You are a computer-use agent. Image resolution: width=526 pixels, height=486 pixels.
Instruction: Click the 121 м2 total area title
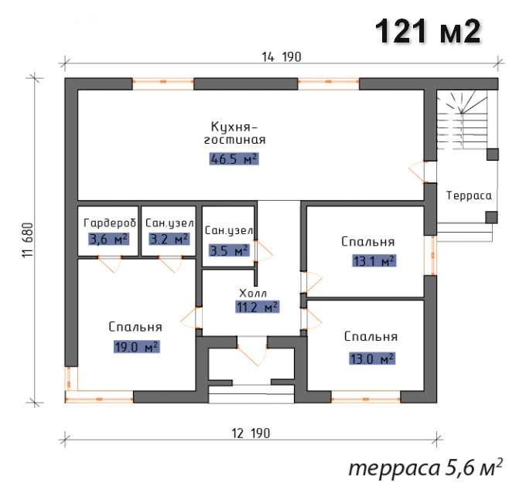(x=428, y=31)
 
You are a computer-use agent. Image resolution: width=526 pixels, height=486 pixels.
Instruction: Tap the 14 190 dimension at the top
(x=282, y=57)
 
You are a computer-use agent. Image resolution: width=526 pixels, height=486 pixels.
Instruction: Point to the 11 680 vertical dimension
(x=29, y=240)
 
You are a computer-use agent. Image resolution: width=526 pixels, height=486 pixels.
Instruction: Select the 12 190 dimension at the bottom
(x=251, y=433)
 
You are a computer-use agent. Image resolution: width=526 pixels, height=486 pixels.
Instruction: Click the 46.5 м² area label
(x=234, y=159)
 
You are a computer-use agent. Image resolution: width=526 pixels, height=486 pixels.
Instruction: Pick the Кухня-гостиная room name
(x=234, y=133)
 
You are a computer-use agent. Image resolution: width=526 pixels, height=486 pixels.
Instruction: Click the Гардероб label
(x=110, y=223)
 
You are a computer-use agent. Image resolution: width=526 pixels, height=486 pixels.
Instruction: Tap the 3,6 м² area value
(x=109, y=240)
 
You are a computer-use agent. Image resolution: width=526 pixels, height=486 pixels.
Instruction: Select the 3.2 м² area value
(x=169, y=239)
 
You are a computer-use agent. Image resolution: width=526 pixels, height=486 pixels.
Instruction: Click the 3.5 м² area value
(x=230, y=250)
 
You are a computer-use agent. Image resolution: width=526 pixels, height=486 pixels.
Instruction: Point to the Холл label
(x=253, y=294)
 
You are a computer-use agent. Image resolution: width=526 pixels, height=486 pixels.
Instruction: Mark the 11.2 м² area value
(x=258, y=307)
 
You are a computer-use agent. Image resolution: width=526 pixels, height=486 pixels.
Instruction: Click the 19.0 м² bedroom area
(x=137, y=347)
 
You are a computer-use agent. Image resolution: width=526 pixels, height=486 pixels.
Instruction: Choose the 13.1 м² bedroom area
(x=374, y=260)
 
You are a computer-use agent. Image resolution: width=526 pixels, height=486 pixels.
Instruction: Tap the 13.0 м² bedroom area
(x=372, y=359)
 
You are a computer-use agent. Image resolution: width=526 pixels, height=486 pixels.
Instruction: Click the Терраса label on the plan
(x=469, y=195)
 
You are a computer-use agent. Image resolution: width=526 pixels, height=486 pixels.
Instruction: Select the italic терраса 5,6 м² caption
(x=425, y=467)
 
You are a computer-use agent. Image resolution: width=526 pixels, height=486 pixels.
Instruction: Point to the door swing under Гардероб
(x=110, y=264)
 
